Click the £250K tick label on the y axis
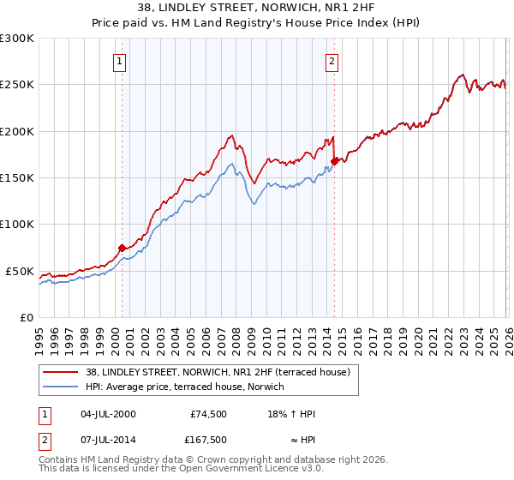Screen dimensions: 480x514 click(x=17, y=85)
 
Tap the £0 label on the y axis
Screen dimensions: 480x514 click(x=26, y=317)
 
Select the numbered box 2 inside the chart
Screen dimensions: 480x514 click(x=332, y=61)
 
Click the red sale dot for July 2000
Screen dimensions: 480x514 click(x=122, y=248)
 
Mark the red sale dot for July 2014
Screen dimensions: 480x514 click(x=334, y=160)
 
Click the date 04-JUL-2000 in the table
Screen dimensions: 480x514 click(x=108, y=415)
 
